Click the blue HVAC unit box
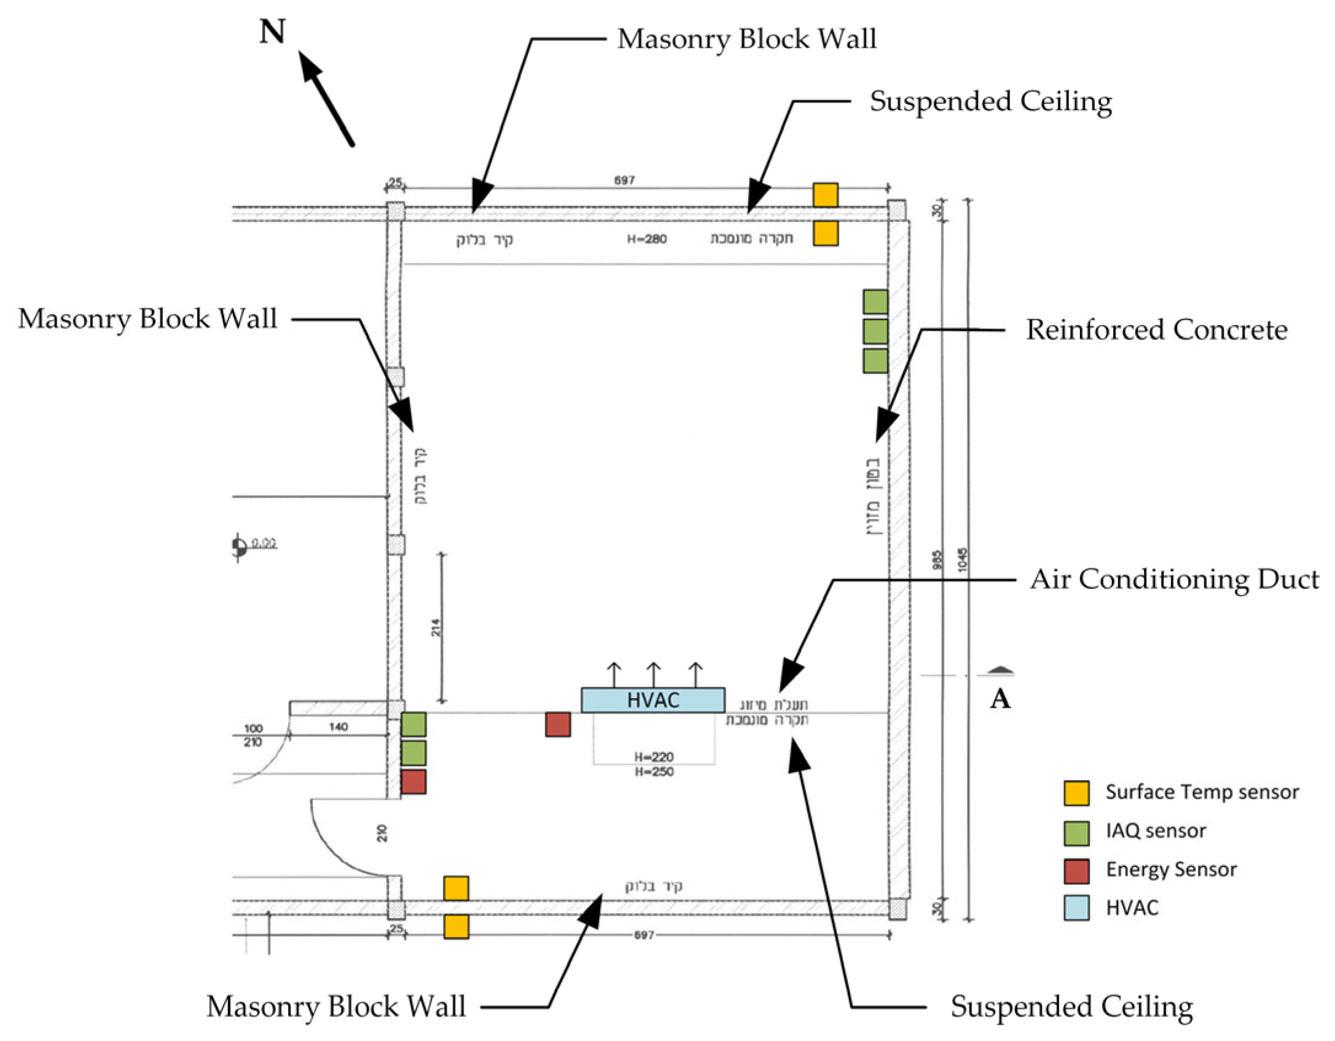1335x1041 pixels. [652, 700]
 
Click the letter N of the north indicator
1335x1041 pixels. [272, 32]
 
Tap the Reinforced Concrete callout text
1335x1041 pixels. [1156, 330]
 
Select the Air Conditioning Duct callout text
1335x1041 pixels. [1174, 579]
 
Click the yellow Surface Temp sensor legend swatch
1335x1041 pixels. [1076, 793]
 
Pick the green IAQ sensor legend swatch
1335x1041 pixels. [1076, 833]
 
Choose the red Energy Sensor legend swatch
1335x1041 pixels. [1076, 871]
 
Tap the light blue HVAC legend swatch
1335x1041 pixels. [1076, 908]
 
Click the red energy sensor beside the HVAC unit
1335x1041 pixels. [558, 724]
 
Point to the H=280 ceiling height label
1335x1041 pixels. [646, 239]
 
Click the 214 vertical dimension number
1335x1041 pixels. [436, 627]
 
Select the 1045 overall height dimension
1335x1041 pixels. [962, 559]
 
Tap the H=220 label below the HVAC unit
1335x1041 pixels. [654, 757]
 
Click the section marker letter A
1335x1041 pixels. [1000, 699]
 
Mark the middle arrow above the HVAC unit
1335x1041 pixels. [654, 674]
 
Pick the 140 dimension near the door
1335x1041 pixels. [339, 727]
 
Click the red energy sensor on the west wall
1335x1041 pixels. [413, 782]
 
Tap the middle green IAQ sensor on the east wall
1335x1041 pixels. [875, 331]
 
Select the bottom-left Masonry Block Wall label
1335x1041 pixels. [336, 1007]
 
